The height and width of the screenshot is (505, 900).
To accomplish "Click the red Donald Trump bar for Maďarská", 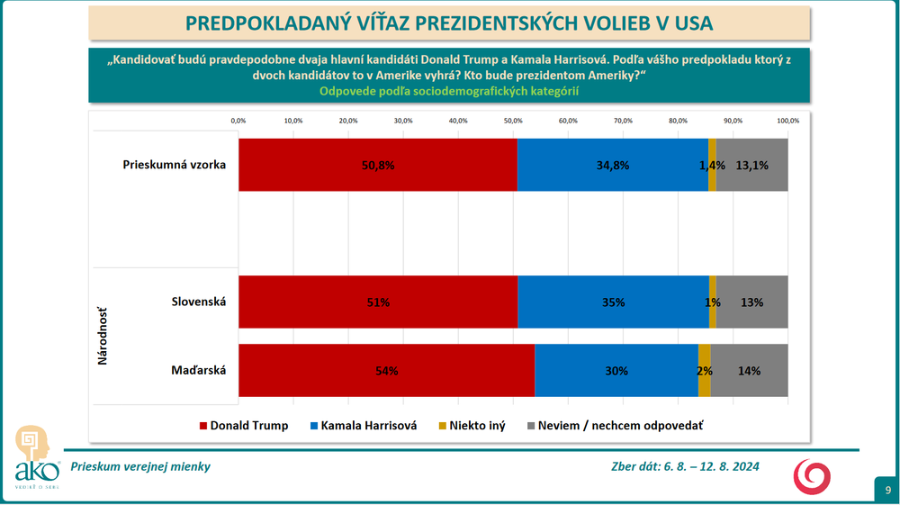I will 386,370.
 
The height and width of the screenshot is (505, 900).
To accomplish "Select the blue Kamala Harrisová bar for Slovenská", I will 613,302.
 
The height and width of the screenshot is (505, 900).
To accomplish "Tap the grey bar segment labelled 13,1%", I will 751,165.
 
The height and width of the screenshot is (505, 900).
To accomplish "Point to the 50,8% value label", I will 377,166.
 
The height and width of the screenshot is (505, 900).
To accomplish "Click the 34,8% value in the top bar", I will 613,166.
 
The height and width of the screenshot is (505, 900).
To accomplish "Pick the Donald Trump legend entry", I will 243,426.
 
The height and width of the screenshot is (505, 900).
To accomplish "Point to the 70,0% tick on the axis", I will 623,120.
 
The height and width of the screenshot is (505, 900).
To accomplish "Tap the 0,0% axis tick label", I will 238,120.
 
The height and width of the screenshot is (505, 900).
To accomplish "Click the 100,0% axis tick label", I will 787,120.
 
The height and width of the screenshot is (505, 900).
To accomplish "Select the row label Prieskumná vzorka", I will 174,165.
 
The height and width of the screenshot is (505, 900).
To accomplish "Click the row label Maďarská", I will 200,370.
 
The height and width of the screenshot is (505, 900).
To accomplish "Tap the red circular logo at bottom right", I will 811,474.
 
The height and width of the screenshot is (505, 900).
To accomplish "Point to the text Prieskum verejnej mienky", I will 139,466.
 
